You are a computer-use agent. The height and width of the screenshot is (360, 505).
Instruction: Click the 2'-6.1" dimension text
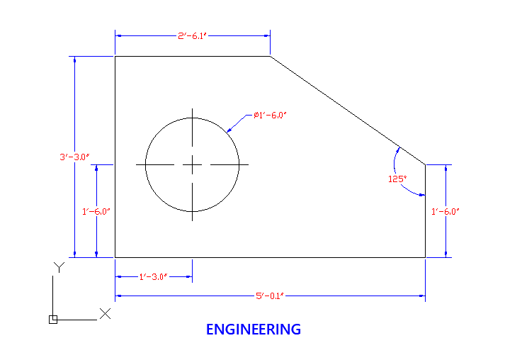192,35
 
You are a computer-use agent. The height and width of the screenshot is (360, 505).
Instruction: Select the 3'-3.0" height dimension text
74,157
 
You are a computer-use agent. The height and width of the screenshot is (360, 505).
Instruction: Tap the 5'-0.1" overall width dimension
270,296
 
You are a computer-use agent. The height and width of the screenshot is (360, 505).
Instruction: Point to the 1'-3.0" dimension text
153,277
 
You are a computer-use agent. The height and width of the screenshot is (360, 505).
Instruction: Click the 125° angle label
397,179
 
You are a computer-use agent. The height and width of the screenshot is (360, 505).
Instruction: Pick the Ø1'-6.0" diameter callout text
270,115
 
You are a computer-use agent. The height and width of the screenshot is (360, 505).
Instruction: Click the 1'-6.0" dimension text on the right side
445,211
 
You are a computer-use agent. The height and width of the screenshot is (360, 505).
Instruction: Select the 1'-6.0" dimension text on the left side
96,211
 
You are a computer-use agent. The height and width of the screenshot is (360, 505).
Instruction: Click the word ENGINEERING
254,330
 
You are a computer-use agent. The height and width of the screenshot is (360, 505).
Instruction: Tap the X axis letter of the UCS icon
105,314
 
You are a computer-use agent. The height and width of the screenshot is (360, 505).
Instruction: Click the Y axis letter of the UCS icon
59,267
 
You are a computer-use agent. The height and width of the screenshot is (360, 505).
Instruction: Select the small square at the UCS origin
53,320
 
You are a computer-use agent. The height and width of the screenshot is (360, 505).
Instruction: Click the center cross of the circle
192,164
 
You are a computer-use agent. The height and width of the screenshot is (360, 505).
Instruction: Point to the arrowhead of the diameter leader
229,130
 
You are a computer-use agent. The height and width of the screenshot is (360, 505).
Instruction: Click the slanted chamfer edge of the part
348,111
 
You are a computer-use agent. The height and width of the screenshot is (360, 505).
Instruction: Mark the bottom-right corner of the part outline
425,257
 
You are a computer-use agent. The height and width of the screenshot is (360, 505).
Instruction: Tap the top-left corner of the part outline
115,57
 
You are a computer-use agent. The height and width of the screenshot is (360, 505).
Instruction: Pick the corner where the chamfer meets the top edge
271,57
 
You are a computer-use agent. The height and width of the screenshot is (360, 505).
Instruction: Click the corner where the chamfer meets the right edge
425,164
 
